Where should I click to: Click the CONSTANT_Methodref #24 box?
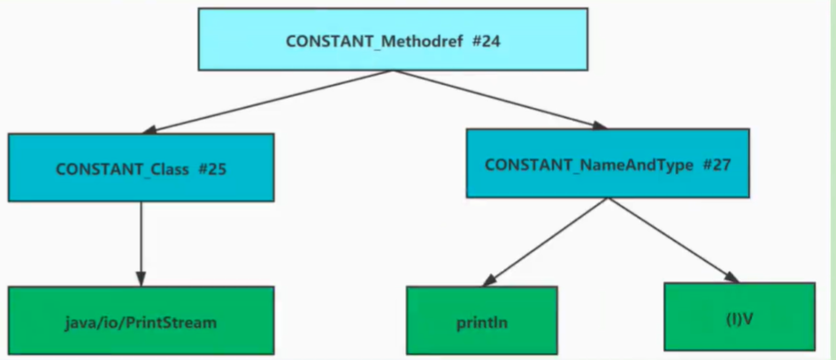point(393,39)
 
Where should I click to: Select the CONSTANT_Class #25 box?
point(142,167)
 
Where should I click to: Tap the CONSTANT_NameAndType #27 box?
point(608,164)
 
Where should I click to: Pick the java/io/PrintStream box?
point(142,320)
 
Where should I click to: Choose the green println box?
point(482,320)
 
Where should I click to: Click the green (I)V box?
point(740,317)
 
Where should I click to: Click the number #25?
point(212,170)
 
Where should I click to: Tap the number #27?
point(716,165)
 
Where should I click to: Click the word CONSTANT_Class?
point(122,170)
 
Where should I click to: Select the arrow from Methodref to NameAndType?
point(501,99)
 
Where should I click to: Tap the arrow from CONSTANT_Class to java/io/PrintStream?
point(141,244)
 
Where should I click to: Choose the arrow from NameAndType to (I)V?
point(673,240)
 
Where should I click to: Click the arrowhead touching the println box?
point(489,280)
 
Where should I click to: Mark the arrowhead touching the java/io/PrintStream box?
point(141,279)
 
